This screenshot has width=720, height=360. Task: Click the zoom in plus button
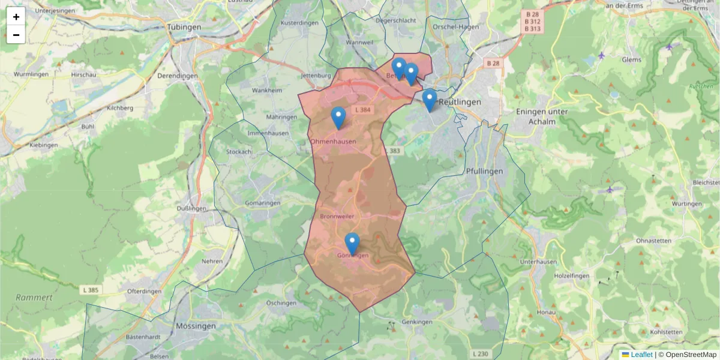[16, 17]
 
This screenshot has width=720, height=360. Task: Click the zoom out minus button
[16, 35]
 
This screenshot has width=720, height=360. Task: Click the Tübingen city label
[184, 28]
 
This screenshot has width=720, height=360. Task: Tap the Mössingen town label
[196, 326]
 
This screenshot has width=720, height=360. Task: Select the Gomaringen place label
[263, 203]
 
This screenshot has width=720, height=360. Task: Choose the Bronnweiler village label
[338, 216]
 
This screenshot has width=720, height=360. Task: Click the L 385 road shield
[90, 290]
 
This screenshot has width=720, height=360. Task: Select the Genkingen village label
[418, 322]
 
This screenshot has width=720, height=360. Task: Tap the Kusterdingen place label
[299, 22]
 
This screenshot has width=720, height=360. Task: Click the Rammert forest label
[34, 298]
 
